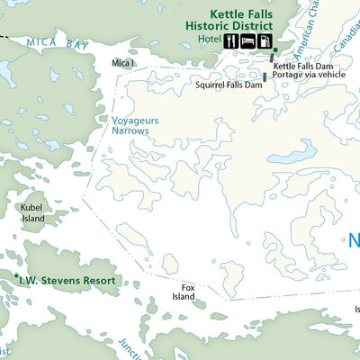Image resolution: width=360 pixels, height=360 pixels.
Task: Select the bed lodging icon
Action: (x=247, y=41)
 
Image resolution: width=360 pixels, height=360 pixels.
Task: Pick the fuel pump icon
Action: (x=264, y=41)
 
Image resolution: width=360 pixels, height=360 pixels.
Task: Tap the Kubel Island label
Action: (x=33, y=212)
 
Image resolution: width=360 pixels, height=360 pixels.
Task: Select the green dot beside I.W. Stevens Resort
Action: (x=16, y=275)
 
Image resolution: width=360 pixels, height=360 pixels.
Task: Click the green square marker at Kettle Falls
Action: (x=275, y=50)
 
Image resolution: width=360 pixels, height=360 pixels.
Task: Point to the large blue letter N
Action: (x=353, y=241)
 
